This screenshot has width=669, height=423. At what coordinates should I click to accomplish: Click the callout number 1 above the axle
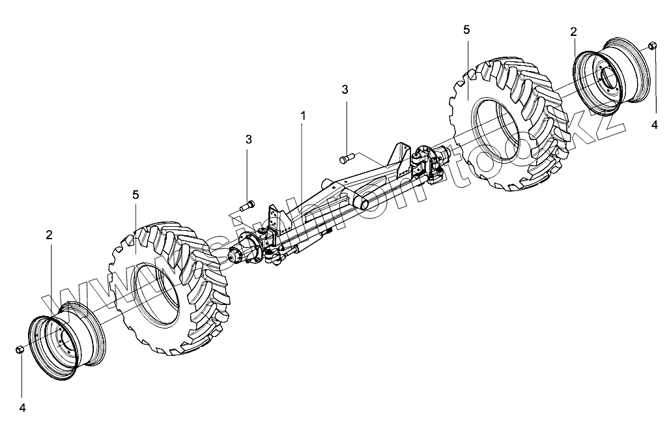pyautogui.click(x=302, y=115)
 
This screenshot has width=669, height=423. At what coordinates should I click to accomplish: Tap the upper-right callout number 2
pyautogui.click(x=573, y=32)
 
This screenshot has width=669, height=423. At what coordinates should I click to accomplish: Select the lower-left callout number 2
pyautogui.click(x=49, y=235)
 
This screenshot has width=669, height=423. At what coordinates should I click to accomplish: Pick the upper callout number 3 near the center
pyautogui.click(x=345, y=89)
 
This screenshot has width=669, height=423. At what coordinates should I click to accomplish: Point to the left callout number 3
pyautogui.click(x=248, y=139)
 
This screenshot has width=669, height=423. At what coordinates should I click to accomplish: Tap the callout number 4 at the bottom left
pyautogui.click(x=22, y=408)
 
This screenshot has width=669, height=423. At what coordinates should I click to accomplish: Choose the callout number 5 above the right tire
pyautogui.click(x=466, y=30)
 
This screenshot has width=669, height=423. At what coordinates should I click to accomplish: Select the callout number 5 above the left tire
pyautogui.click(x=135, y=195)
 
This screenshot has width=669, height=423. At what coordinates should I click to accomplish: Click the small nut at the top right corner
pyautogui.click(x=652, y=46)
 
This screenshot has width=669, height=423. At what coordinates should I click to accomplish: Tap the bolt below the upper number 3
pyautogui.click(x=345, y=158)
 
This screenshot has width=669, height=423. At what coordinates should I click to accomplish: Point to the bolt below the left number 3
pyautogui.click(x=248, y=207)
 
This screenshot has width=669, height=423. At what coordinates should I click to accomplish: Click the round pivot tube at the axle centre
pyautogui.click(x=362, y=204)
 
